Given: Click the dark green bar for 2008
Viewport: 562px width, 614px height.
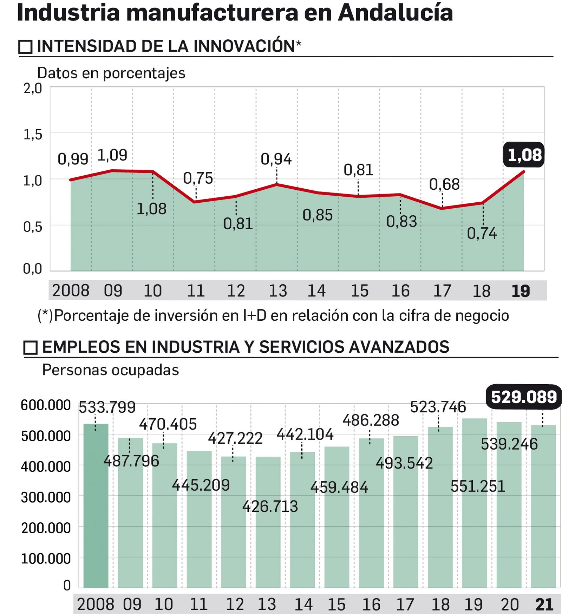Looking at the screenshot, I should tap(96, 506).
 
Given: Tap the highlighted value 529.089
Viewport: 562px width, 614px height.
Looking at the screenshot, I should tap(523, 397).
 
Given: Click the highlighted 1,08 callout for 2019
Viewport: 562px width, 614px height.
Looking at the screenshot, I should tap(524, 155).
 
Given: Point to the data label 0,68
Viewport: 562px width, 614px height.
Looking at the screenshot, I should tap(444, 184).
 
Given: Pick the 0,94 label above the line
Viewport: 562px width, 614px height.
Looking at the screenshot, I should tap(276, 159).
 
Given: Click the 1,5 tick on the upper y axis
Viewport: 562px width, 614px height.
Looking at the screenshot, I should tap(33, 135).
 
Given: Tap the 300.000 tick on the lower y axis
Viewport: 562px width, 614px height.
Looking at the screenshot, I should tap(46, 497).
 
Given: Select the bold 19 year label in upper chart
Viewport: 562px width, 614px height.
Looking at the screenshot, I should tap(521, 291).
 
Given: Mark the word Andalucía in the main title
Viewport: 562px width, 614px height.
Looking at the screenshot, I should tap(395, 13).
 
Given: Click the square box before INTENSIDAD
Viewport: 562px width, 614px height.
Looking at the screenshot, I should tap(25, 47).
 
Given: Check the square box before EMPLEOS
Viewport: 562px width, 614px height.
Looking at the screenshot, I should tap(31, 347).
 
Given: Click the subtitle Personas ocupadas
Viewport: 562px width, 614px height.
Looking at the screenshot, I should tap(110, 370).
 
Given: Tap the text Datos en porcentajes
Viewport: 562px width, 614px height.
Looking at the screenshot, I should tap(111, 73).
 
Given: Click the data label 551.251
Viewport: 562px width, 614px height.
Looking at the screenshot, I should tap(478, 486).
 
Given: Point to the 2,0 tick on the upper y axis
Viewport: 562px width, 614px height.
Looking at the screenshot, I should tap(33, 89).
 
